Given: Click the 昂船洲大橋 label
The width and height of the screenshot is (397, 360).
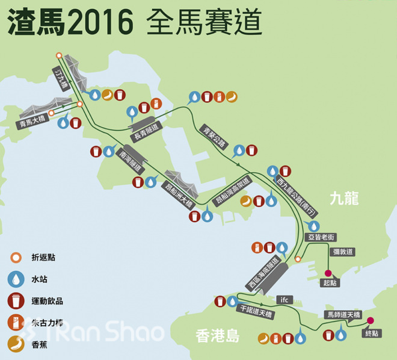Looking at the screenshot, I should (179, 193).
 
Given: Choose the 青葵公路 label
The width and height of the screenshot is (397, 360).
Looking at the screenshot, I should (214, 136).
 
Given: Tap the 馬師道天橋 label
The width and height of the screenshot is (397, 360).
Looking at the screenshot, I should (342, 314).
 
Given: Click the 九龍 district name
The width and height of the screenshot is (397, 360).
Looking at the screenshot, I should (345, 199).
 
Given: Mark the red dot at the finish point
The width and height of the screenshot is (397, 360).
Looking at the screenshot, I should (371, 320).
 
